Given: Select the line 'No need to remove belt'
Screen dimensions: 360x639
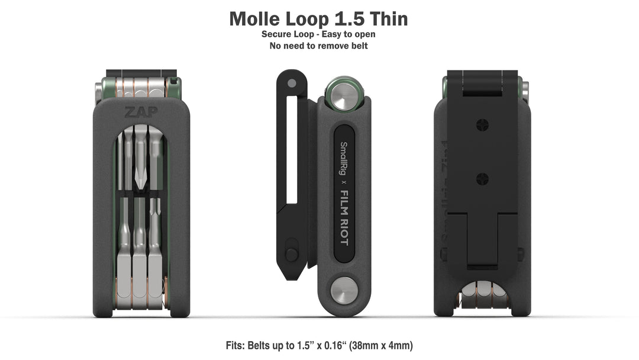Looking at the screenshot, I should (318, 46).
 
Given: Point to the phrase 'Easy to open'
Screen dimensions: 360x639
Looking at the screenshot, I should (348, 34).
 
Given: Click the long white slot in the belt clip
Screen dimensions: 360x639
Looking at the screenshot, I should (291, 151).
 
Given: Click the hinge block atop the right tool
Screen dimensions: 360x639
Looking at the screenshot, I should (483, 83).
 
